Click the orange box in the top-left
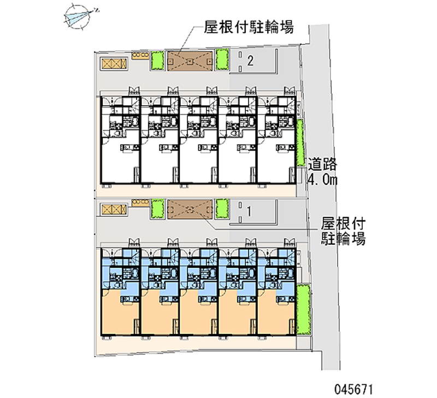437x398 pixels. [x=113, y=63]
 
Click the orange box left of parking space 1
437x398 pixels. [x=113, y=209]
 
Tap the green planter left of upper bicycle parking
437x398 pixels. [x=157, y=61]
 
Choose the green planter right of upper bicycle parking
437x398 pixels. [x=221, y=60]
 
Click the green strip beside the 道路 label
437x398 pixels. [x=300, y=143]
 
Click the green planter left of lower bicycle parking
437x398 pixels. [x=158, y=209]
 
